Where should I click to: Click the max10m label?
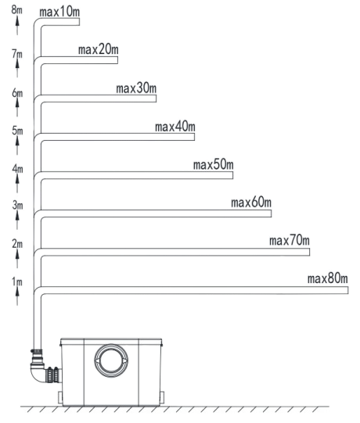coord(59,12)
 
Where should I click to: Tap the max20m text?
coord(99,49)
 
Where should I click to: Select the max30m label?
coord(136,88)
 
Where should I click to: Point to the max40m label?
coord(175,127)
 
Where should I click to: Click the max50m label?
coord(214,164)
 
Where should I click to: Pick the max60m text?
coord(251,203)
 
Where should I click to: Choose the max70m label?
coord(290,240)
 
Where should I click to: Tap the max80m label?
coord(328,278)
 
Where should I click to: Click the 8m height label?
coord(16,9)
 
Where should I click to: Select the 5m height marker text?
coord(17,131)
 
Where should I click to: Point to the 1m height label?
coord(17,282)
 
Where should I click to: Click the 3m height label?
coord(17,206)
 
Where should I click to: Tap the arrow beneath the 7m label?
coord(17,68)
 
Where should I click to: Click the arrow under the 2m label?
coord(17,258)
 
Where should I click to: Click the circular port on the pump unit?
coord(111,360)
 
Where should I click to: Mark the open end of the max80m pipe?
coord(347,290)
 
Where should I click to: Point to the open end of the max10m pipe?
coord(79,22)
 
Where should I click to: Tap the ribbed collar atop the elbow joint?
coord(37,351)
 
